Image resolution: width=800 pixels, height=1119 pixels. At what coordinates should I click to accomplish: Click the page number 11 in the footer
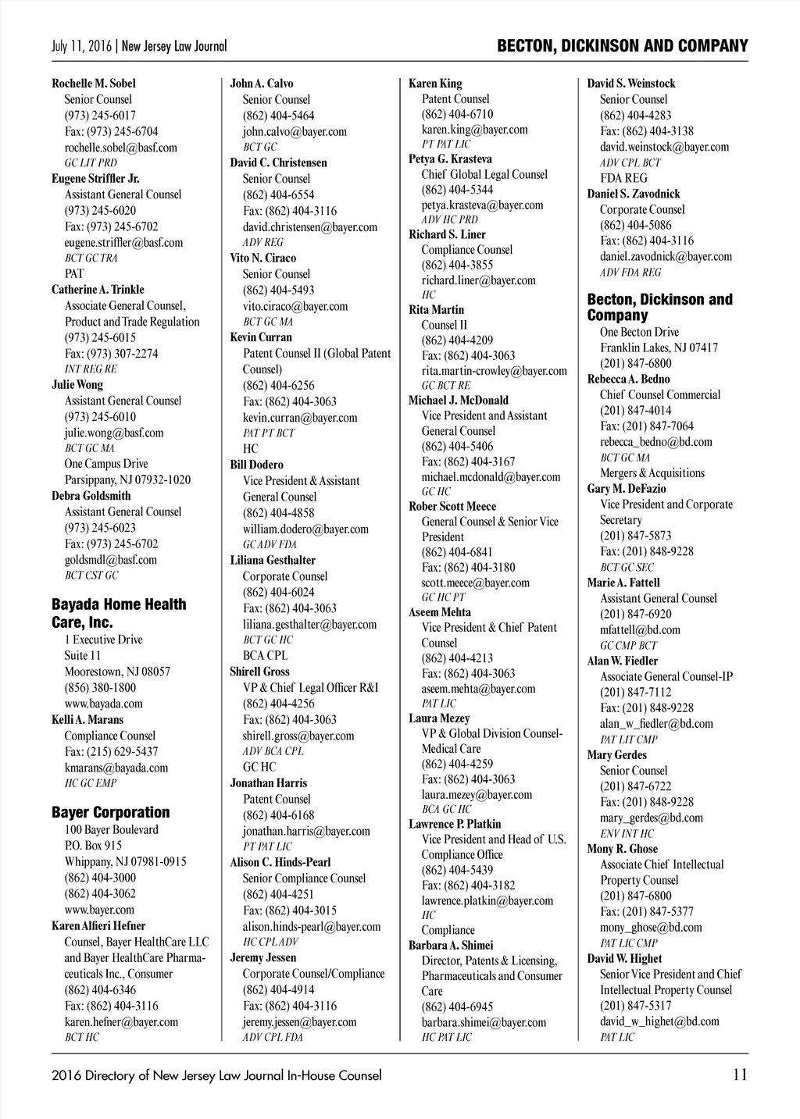740,1074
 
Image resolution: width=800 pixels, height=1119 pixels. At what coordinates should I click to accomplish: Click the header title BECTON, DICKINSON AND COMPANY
622,46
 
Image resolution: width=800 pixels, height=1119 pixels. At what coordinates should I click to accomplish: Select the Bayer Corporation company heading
110,812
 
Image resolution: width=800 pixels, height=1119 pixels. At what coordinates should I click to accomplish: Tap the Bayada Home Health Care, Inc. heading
119,613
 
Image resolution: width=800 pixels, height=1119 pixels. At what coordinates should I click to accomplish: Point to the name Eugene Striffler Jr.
95,179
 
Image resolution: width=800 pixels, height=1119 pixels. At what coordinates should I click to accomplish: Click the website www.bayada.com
103,704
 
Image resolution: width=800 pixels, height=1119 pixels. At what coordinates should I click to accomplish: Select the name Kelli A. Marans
87,720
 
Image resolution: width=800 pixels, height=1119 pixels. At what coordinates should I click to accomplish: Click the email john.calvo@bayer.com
295,131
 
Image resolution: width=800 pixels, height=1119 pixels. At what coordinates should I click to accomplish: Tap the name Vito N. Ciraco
263,258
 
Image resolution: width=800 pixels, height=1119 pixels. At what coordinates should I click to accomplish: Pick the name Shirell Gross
259,672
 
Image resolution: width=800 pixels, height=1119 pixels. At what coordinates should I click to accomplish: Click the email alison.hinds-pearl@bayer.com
312,927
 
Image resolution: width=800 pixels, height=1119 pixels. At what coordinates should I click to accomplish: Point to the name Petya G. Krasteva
451,159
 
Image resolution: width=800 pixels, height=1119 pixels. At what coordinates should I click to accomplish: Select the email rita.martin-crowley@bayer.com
495,371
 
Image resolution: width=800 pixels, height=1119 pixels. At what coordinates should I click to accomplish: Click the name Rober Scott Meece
452,506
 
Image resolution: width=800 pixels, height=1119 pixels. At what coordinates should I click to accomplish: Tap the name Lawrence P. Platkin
455,824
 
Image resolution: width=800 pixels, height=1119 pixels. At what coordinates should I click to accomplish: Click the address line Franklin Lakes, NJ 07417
659,347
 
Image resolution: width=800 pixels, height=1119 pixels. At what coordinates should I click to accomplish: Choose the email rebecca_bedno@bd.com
656,442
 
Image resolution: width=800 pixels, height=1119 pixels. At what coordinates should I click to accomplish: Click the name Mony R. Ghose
623,849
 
